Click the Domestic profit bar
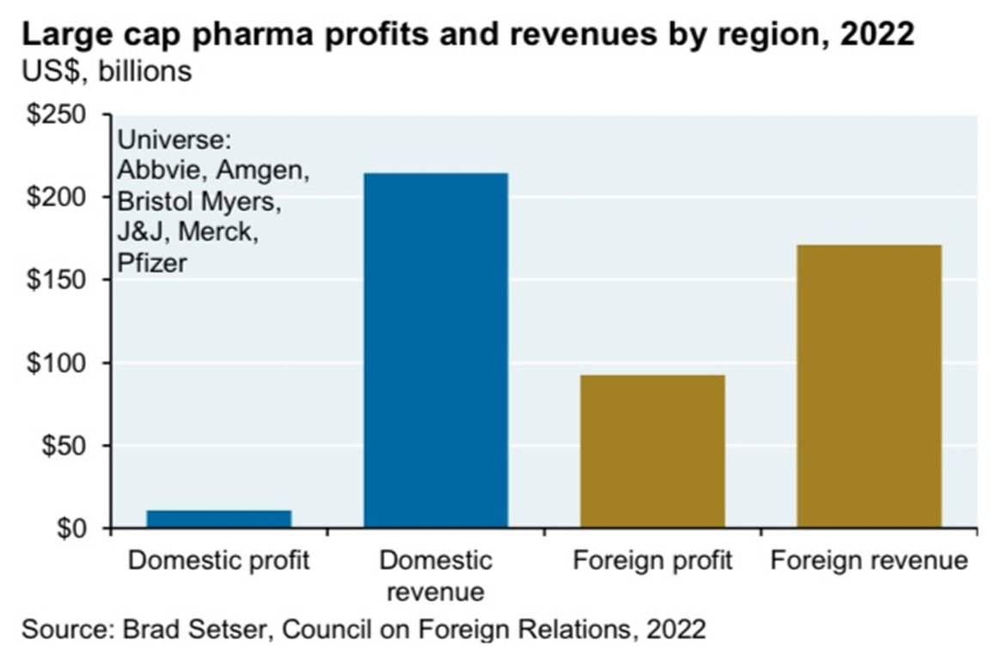218,519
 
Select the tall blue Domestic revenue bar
436,350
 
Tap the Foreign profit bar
652,451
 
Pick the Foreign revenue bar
869,386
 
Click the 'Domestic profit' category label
218,561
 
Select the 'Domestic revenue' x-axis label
436,576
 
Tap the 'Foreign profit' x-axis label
652,561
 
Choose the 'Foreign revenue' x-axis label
869,561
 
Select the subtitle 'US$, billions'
107,70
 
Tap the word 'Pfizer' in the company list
152,264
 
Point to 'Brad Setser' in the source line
176,630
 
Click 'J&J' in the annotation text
141,233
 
